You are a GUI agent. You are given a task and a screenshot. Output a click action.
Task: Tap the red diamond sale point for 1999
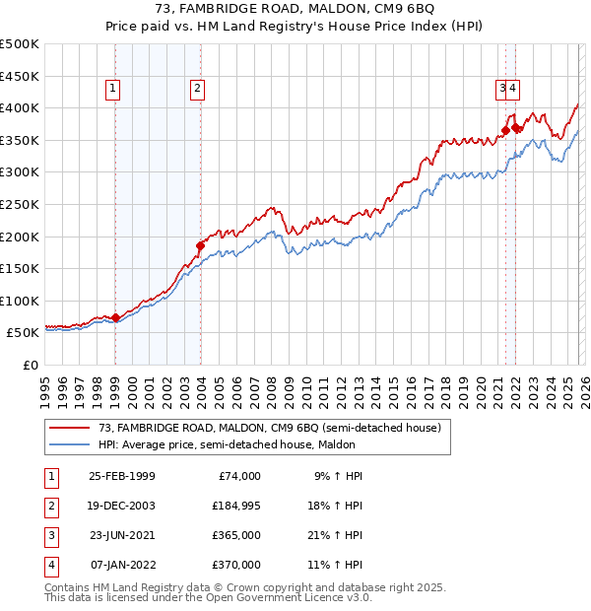(x=116, y=317)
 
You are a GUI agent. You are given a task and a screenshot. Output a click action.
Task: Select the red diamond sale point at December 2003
(x=200, y=245)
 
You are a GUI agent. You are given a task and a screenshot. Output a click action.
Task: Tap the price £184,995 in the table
(x=235, y=506)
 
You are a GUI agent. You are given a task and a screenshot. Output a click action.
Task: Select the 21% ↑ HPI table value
(x=340, y=535)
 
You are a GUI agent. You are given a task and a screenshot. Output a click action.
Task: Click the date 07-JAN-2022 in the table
(x=121, y=565)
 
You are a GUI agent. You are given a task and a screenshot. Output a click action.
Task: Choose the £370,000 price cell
(x=235, y=565)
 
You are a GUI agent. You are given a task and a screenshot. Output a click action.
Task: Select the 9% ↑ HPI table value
(x=340, y=476)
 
